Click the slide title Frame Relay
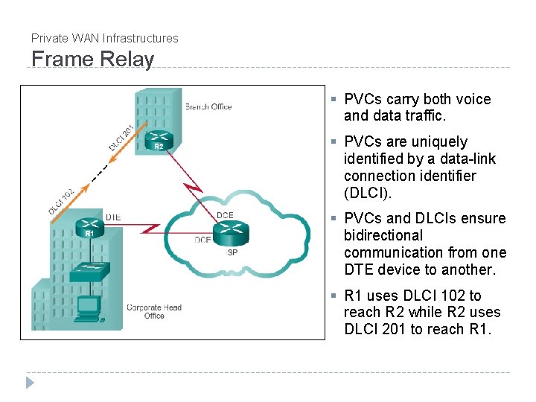tap(92, 59)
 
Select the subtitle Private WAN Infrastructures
tap(104, 38)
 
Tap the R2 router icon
tap(158, 138)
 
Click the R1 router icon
tap(90, 226)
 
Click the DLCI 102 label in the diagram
tap(61, 200)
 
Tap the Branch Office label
tap(208, 106)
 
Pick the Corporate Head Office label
tap(154, 311)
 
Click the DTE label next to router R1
tap(113, 217)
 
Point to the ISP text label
tap(232, 252)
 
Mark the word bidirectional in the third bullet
tap(383, 235)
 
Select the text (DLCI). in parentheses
tap(368, 193)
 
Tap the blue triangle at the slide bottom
tap(30, 383)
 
